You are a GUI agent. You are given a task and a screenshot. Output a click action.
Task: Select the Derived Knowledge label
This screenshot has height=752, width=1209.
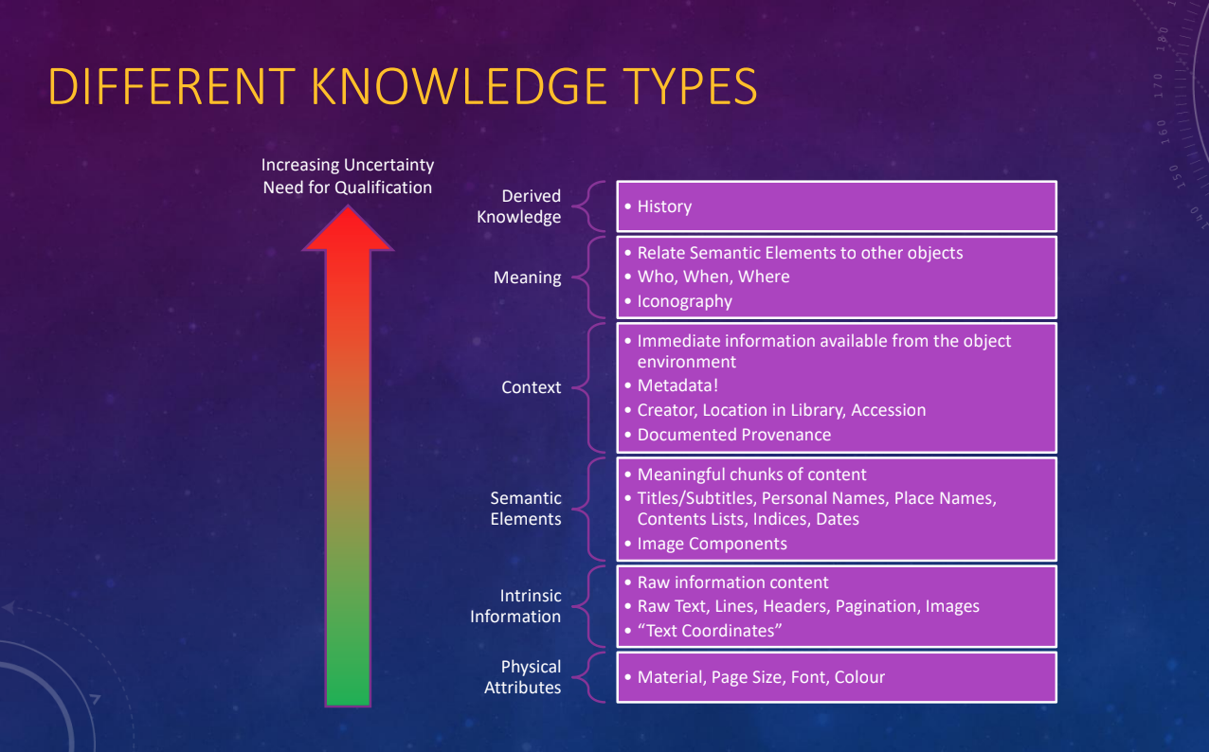[518, 206]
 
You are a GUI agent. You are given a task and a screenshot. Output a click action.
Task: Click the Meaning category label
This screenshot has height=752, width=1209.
[527, 278]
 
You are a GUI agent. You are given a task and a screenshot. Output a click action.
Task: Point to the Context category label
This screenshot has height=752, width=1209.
[531, 387]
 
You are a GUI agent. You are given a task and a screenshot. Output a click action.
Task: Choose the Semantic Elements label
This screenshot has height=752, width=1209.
[526, 509]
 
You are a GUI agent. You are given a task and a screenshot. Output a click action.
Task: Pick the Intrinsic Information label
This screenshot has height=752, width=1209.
[515, 606]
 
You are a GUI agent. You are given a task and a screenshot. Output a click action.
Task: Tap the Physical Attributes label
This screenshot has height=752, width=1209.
[522, 677]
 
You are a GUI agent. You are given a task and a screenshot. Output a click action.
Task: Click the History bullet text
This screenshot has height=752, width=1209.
[664, 206]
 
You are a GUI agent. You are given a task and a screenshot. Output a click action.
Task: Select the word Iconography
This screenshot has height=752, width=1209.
[684, 301]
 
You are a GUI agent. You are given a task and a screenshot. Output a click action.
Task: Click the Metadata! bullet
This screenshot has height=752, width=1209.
[677, 385]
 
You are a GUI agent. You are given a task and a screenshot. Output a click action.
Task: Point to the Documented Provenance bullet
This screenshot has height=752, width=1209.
[733, 435]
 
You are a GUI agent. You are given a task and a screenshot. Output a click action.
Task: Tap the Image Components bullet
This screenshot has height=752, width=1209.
[712, 544]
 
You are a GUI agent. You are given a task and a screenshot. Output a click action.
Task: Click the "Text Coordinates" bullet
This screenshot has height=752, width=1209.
[710, 631]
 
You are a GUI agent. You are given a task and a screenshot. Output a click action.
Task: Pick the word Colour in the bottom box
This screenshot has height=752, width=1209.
[859, 677]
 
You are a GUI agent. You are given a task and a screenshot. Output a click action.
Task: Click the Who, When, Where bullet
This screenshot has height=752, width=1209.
[713, 277]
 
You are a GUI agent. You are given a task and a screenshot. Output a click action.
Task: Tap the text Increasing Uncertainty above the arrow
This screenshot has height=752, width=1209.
[348, 166]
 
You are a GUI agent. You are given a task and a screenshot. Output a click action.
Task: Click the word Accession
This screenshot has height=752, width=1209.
[888, 410]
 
